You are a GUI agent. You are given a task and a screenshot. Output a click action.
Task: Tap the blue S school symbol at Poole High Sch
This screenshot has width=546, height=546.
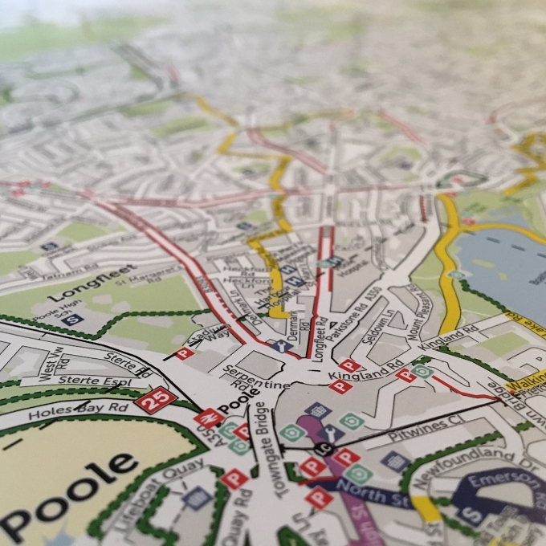(74, 319)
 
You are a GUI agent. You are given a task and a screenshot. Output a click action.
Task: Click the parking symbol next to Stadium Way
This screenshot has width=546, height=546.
(184, 352)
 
